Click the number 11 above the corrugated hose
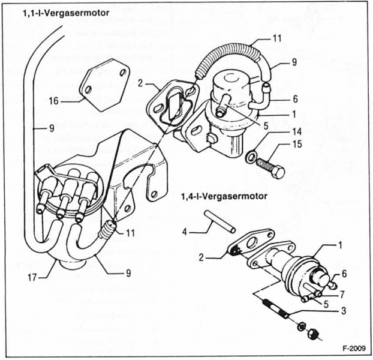(x=276, y=40)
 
